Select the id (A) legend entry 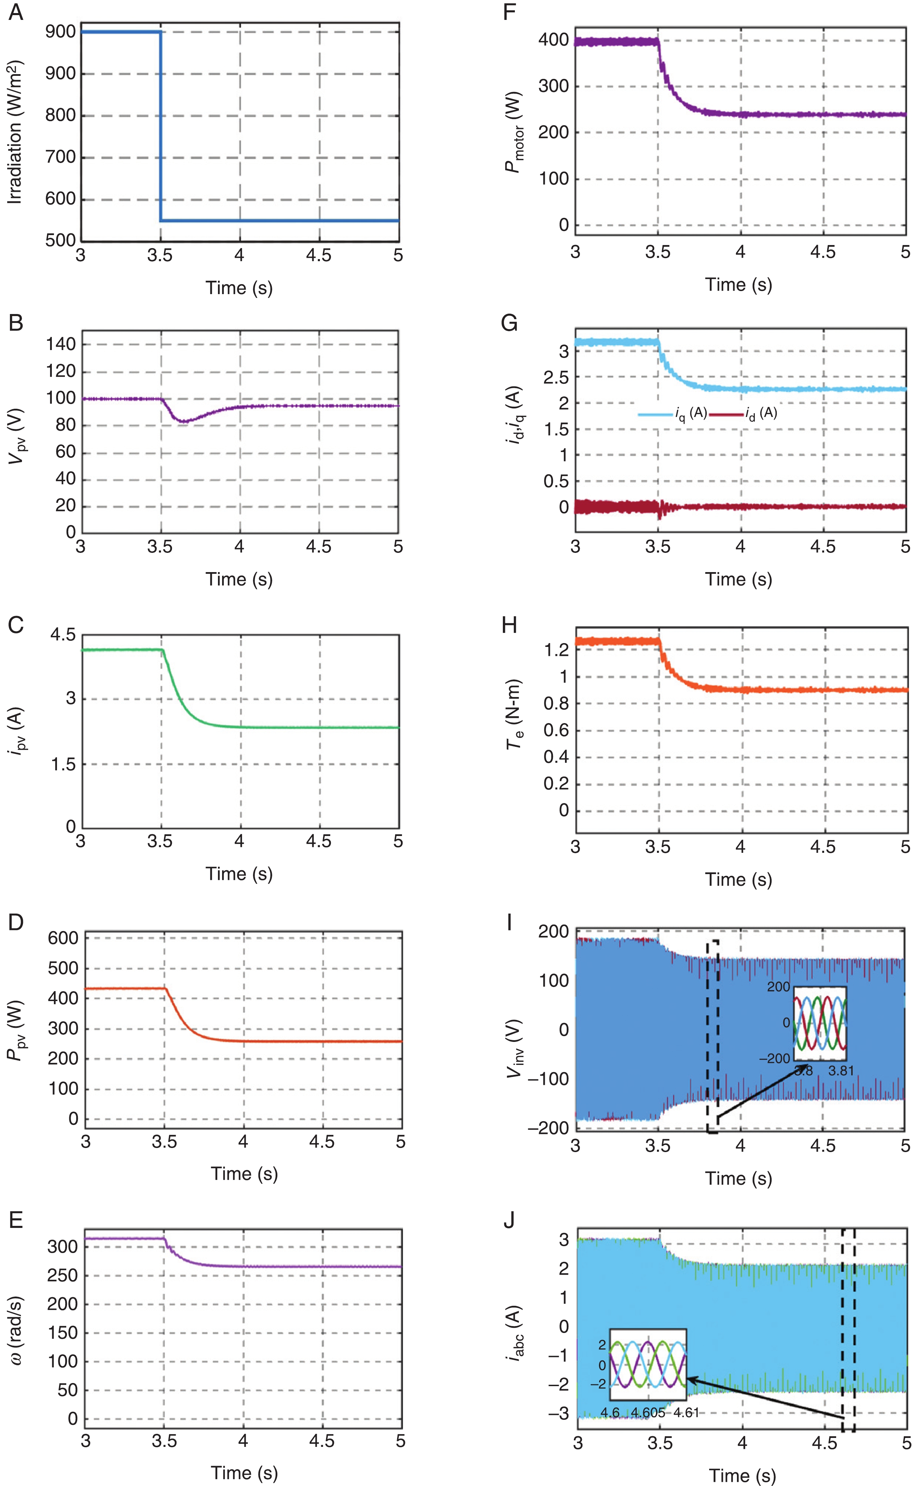coord(761,414)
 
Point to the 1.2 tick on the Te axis coord(555,650)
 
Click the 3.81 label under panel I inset coord(841,1071)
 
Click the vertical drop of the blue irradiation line coord(160,127)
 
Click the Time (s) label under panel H coord(739,880)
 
